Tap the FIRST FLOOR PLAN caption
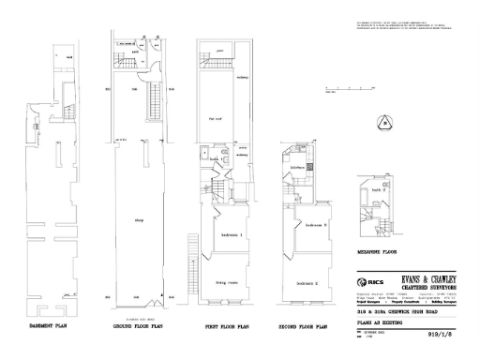coord(226,327)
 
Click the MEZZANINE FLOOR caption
coord(376,252)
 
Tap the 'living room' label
coord(228,278)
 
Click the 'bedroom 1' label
coord(232,233)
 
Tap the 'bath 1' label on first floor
coord(215,160)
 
